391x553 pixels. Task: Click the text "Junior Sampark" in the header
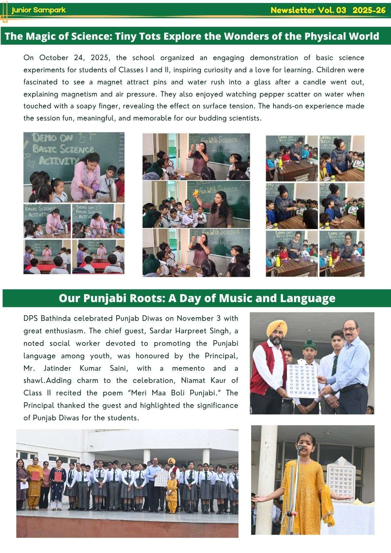(x=38, y=10)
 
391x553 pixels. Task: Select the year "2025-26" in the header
(x=369, y=10)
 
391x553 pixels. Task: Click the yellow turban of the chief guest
(x=276, y=328)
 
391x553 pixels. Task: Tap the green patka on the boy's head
(x=309, y=344)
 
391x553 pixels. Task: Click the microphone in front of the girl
(x=299, y=447)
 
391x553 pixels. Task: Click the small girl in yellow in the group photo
(x=171, y=495)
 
